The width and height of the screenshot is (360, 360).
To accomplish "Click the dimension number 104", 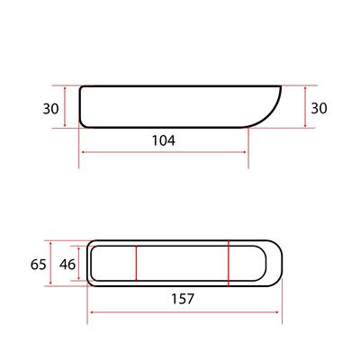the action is (164, 140).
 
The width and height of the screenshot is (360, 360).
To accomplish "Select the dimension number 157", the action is (183, 299).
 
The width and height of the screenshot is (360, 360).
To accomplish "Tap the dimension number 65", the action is (39, 265).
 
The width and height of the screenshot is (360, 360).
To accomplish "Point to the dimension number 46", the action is (67, 265).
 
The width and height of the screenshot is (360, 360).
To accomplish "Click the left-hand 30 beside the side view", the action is (50, 109).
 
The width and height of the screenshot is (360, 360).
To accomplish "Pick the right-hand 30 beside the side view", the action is (319, 108).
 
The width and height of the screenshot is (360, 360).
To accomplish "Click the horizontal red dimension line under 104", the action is (164, 152).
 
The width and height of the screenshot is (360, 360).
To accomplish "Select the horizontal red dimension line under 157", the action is (184, 312).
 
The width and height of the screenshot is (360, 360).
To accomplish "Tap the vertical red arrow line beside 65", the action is (50, 264).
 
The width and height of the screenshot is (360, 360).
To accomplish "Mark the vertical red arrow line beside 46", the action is (79, 264).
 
